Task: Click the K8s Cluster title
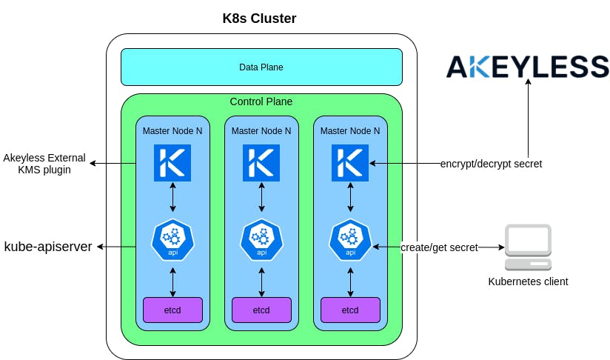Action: tap(259, 18)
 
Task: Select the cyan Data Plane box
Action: tap(261, 67)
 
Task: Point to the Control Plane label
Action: tap(261, 101)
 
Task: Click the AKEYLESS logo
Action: tap(527, 66)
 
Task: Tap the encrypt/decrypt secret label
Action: tap(491, 164)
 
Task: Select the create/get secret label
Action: tap(439, 247)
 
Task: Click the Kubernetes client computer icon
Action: tap(528, 247)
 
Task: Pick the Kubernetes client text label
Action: tap(528, 281)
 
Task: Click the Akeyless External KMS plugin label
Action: tap(44, 164)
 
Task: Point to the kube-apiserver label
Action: tap(48, 247)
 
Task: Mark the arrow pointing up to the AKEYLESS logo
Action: tap(528, 119)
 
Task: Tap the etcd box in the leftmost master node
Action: tap(172, 310)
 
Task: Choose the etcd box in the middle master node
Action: tap(261, 310)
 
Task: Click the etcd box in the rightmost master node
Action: tap(350, 310)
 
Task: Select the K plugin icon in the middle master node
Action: tap(261, 164)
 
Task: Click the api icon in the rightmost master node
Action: tap(350, 240)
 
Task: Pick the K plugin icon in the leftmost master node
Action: tap(172, 164)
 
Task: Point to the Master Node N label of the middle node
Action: tap(261, 130)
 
